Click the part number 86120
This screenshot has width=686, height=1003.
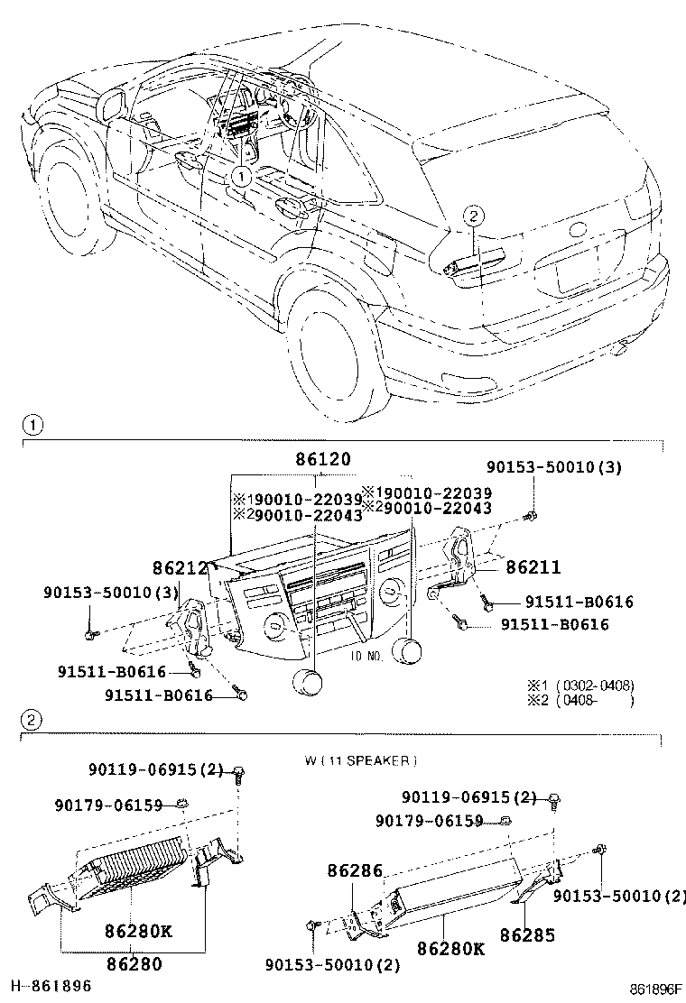pyautogui.click(x=322, y=458)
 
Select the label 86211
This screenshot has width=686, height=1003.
pyautogui.click(x=533, y=567)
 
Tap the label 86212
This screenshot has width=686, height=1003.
pyautogui.click(x=181, y=567)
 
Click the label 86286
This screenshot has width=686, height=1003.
pyautogui.click(x=356, y=871)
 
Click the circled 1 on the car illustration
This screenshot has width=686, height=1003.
pyautogui.click(x=241, y=178)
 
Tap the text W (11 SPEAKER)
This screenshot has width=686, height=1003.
pyautogui.click(x=361, y=760)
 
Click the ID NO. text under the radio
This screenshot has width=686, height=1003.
pyautogui.click(x=366, y=657)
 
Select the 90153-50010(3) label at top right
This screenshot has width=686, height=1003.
pyautogui.click(x=554, y=467)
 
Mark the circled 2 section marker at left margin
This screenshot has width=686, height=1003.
pyautogui.click(x=31, y=720)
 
